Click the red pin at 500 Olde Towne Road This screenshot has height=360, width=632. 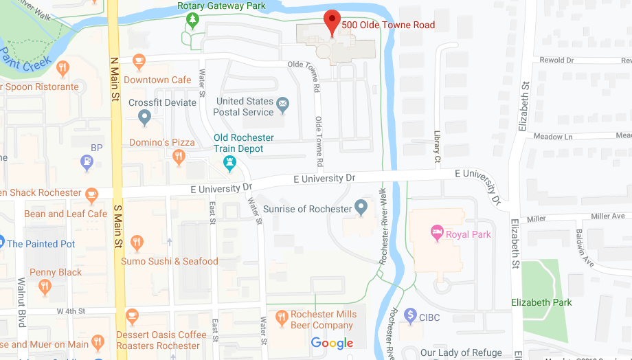(x=332, y=22)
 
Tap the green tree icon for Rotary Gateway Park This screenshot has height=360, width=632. (x=192, y=20)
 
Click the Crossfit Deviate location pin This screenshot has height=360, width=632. (x=144, y=117)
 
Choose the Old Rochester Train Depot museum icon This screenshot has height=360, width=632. (x=230, y=163)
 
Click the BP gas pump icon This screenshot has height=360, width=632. (x=87, y=163)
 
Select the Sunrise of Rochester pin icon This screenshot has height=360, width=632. (x=362, y=207)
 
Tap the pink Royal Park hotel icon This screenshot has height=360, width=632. (x=436, y=233)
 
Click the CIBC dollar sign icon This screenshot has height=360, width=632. (x=411, y=315)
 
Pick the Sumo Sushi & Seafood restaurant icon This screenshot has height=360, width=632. (x=137, y=243)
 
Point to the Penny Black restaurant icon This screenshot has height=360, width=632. (x=45, y=287)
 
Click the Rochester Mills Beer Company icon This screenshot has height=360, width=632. (x=281, y=318)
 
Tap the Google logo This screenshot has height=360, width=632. (x=332, y=343)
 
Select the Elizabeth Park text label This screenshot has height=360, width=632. (x=541, y=302)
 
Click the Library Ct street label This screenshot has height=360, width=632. (x=437, y=149)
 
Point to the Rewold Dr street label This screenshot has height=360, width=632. (x=556, y=60)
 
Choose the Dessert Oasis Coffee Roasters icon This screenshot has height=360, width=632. (x=133, y=316)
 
